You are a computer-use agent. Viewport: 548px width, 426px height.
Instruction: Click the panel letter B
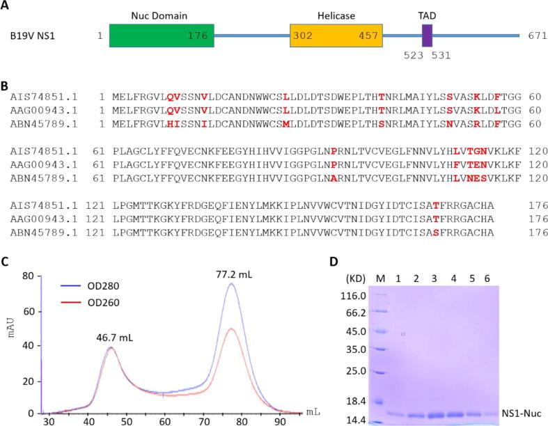click(6, 86)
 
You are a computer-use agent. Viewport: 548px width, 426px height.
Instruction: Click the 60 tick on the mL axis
click(164, 420)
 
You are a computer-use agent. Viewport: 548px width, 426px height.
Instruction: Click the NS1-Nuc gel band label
click(519, 412)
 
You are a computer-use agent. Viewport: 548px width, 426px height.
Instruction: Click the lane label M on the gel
click(379, 278)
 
